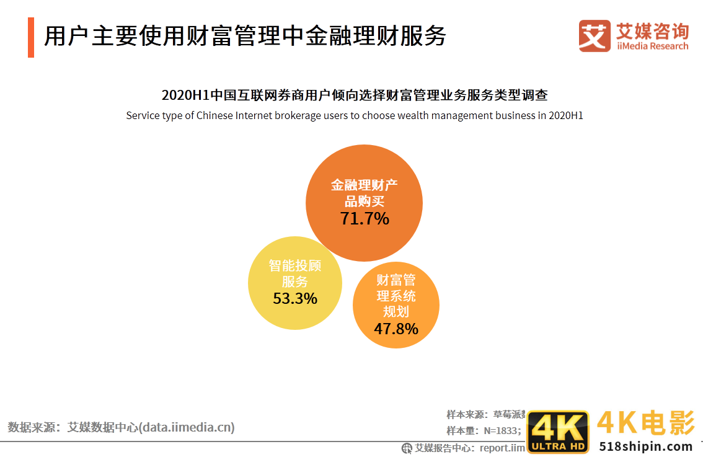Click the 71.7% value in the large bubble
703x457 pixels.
pos(365,218)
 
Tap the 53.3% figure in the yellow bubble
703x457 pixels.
pos(295,298)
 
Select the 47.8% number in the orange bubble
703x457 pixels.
pos(396,329)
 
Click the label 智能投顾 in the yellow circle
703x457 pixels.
pos(295,265)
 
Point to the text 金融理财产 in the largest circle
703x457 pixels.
pos(364,185)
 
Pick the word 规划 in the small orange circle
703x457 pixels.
pos(396,311)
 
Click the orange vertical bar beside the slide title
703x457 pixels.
pos(31,38)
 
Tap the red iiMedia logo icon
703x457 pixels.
pos(595,36)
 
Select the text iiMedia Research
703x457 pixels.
pos(652,46)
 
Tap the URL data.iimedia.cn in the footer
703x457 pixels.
pos(187,427)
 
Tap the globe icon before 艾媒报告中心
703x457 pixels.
pos(407,448)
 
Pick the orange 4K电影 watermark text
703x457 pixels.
pos(645,424)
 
